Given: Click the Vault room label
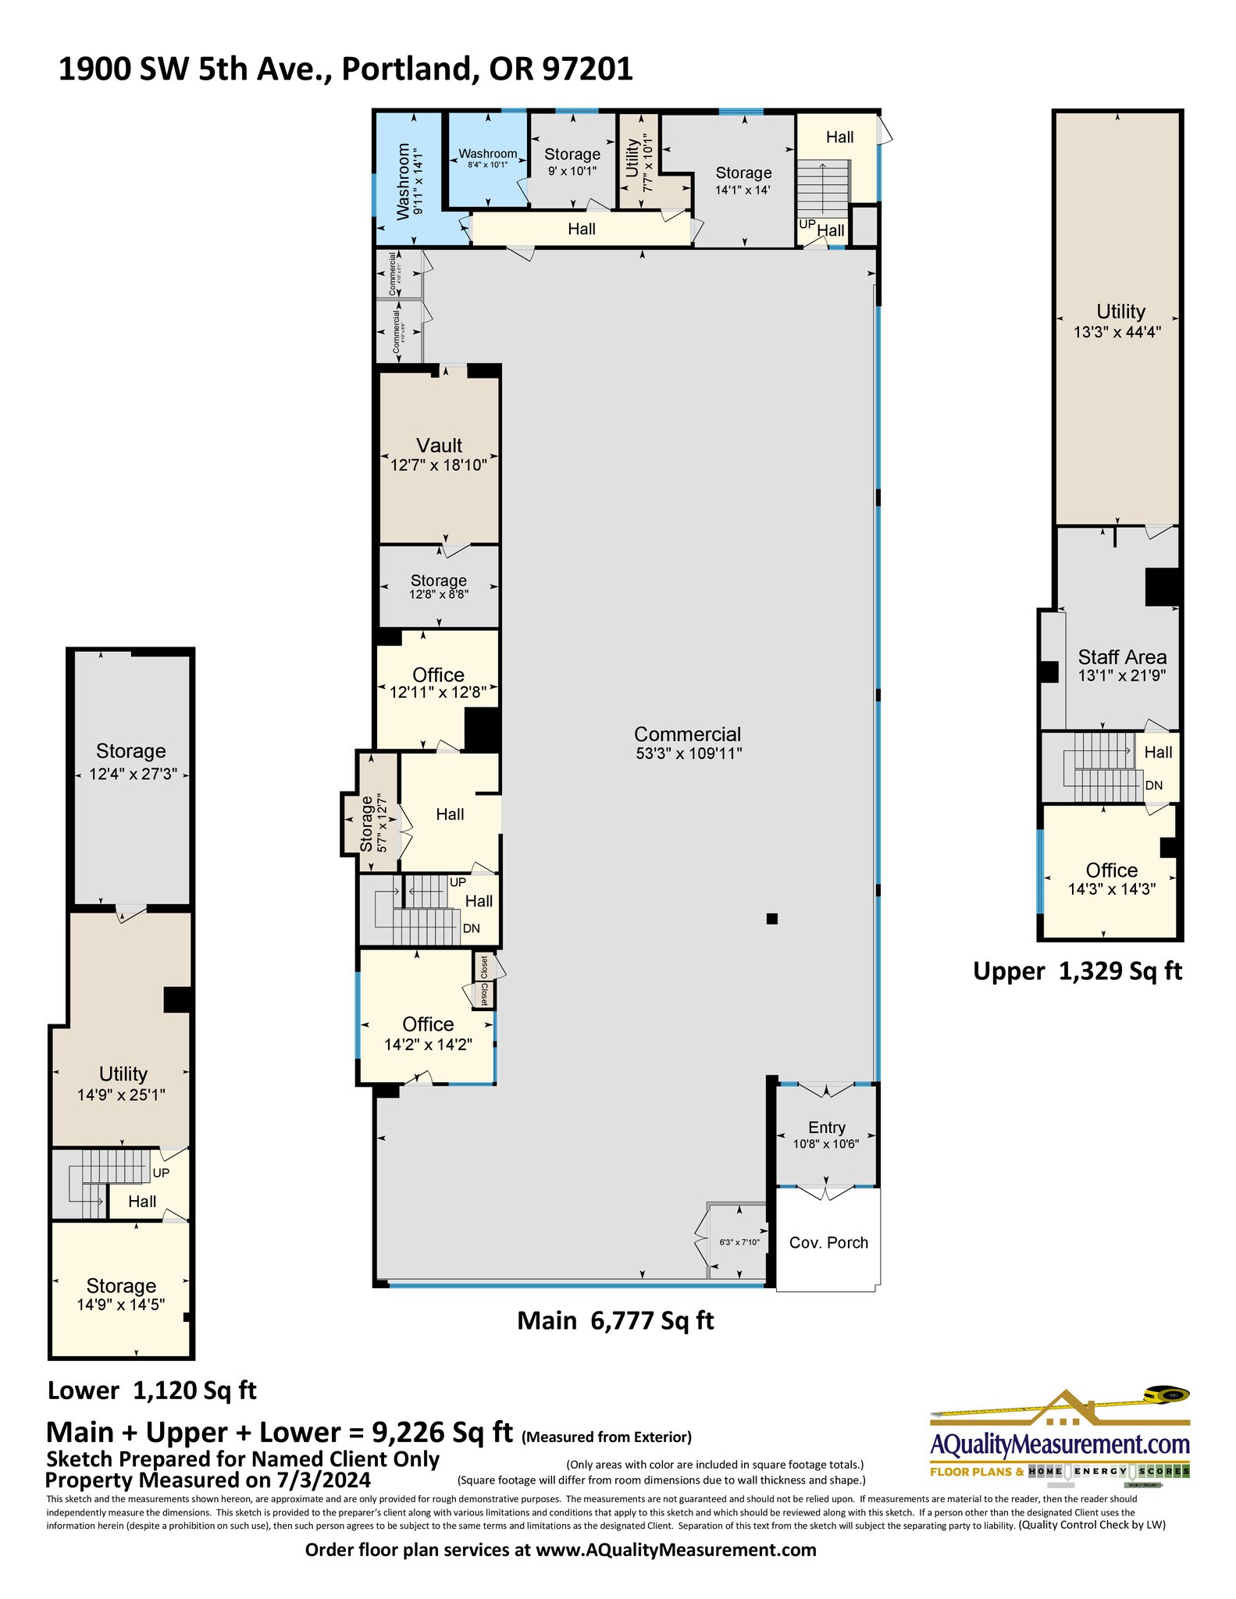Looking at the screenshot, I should [x=439, y=446].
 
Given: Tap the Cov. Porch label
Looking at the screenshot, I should [x=828, y=1242].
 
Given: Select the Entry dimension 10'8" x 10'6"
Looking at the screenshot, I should [x=827, y=1144].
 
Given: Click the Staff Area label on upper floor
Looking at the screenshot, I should [x=1122, y=657].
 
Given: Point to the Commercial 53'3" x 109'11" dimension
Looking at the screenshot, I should [x=688, y=754].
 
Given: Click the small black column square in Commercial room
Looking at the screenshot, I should [x=771, y=918].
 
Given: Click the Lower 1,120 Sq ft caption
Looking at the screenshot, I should [x=152, y=1391].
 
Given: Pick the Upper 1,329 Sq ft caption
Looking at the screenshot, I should [x=1077, y=971].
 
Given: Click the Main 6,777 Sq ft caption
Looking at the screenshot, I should [x=615, y=1320].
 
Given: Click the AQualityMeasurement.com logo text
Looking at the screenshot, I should [x=1060, y=1444].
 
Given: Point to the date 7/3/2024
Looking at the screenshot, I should [x=323, y=1480].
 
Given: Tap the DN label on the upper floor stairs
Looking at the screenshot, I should [x=1153, y=785].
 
